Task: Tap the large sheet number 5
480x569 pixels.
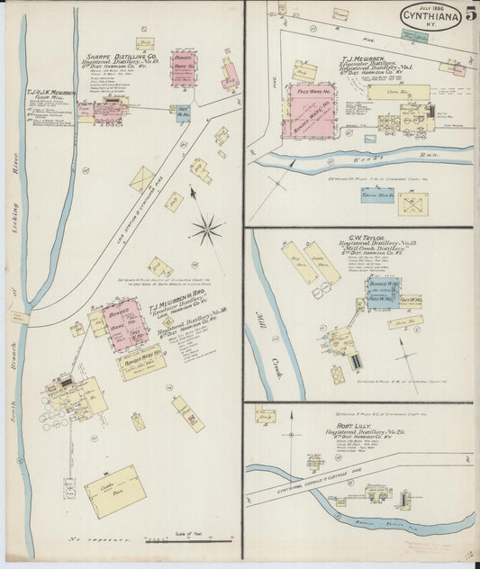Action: click(471, 13)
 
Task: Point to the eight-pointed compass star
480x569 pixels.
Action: click(206, 229)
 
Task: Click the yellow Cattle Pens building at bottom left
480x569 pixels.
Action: click(114, 491)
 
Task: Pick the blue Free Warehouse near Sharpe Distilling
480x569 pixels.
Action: click(183, 115)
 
